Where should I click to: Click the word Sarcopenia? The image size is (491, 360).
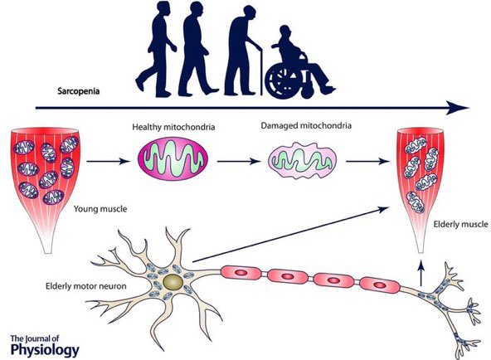click(x=79, y=91)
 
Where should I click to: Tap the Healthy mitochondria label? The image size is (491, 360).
click(x=173, y=127)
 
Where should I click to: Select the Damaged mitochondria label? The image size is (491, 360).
click(x=306, y=125)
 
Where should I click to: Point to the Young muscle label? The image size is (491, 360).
click(x=100, y=209)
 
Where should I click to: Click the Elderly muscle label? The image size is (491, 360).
click(x=460, y=224)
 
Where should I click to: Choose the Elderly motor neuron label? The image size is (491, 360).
click(x=86, y=286)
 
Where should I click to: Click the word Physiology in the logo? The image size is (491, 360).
click(x=45, y=349)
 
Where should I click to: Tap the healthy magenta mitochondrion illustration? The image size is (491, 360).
click(x=173, y=158)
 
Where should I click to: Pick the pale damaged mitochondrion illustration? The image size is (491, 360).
click(x=302, y=160)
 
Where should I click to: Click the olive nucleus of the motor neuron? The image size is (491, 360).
click(x=173, y=282)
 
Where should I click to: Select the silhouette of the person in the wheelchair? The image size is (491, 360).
click(x=299, y=62)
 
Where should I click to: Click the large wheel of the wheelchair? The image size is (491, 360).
click(x=282, y=82)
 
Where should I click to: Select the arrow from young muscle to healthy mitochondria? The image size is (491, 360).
click(x=108, y=162)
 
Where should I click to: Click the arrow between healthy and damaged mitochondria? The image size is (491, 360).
click(x=239, y=162)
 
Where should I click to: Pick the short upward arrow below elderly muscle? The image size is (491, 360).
click(x=422, y=274)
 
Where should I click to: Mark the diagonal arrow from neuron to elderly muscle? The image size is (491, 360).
click(x=290, y=234)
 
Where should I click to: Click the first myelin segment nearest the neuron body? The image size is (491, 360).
click(x=241, y=273)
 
